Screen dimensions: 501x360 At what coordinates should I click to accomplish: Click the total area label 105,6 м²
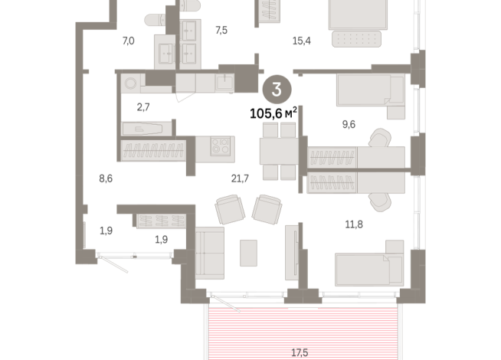tap(273, 113)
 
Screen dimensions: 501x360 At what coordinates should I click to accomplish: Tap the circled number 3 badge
tap(277, 90)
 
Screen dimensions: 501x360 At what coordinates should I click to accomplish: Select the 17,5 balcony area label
tap(300, 352)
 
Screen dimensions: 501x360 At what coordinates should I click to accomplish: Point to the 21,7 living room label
tap(240, 178)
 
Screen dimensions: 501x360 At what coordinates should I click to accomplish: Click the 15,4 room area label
tap(302, 41)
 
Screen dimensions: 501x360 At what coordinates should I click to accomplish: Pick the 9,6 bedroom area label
tap(349, 124)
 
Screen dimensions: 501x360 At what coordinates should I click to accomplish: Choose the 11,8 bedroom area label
tap(354, 224)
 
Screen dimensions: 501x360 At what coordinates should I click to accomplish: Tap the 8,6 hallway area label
tap(106, 178)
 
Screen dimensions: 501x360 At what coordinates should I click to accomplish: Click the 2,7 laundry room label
tap(143, 107)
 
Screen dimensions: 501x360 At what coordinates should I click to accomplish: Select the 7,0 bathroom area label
tap(128, 41)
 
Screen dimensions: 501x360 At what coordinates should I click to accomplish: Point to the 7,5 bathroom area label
tap(221, 31)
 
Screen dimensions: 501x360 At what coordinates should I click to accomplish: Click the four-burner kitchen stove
tap(221, 146)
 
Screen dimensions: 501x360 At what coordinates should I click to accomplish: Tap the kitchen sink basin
tap(225, 82)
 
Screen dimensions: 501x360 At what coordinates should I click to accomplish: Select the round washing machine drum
tap(130, 83)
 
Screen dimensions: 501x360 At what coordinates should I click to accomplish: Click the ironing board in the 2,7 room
tap(142, 129)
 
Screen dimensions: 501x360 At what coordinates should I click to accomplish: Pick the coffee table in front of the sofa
tap(248, 253)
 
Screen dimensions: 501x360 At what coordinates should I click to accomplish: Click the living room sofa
tap(210, 252)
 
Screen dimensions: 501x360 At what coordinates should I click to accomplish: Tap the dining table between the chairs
tap(279, 151)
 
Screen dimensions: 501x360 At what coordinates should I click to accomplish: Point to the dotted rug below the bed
tap(356, 39)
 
